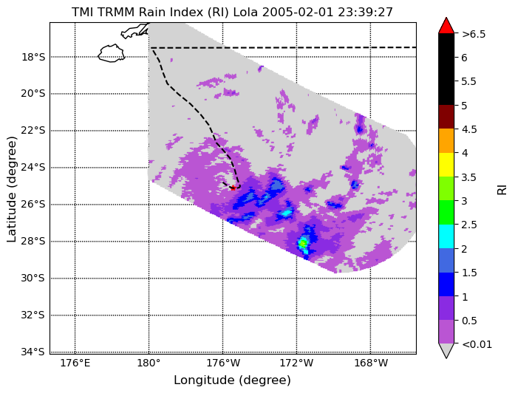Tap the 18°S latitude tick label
tap(33, 57)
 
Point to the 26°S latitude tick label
tap(33, 205)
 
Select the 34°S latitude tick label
tap(33, 352)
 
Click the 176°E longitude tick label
tap(75, 363)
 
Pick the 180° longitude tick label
tap(149, 363)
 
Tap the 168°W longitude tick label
tap(370, 363)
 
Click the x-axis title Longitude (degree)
tap(232, 380)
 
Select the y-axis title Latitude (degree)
tap(12, 189)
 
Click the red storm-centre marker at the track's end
tap(233, 188)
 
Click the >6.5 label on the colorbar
tap(474, 34)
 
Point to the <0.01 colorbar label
tap(477, 344)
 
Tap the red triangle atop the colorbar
tap(446, 27)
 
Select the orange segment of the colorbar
tap(446, 141)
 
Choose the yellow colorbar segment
tap(446, 165)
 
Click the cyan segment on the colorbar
tap(446, 236)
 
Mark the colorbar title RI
tap(502, 189)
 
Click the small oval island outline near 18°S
tap(112, 53)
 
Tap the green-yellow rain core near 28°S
tap(303, 244)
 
